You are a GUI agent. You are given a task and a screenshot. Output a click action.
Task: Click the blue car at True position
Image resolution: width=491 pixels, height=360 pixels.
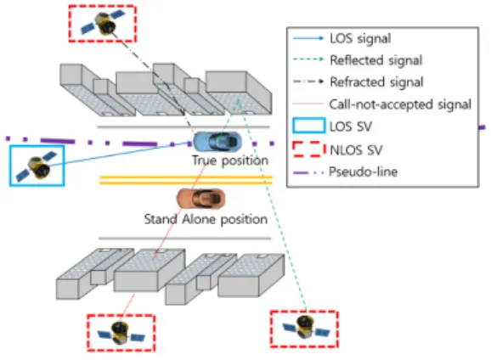coord(217,142)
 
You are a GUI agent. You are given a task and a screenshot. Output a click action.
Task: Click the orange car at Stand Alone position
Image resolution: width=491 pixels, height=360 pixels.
coord(201,199)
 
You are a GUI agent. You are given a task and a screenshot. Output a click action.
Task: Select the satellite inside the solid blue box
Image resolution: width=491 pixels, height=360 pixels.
coord(37,166)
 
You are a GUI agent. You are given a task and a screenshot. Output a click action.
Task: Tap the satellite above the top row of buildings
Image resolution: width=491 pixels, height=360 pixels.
coord(103,23)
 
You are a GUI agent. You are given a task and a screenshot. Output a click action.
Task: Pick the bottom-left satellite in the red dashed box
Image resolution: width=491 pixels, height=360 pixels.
coord(121,333)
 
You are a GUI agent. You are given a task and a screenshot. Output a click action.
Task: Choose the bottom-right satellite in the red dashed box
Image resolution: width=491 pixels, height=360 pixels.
coord(305,328)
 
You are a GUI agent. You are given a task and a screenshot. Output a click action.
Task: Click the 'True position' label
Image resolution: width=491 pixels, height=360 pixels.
coord(230,160)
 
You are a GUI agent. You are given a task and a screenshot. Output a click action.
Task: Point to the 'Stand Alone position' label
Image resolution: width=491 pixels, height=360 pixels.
coord(206,219)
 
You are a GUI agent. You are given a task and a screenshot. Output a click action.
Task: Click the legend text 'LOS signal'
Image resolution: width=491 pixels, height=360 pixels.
coord(360,39)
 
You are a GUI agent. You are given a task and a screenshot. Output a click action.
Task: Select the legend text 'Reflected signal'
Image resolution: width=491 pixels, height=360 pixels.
coord(376,60)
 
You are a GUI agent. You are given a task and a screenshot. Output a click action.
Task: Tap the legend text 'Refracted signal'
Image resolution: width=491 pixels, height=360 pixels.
coord(376,82)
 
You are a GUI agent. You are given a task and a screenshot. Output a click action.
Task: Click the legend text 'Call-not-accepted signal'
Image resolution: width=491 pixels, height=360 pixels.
coord(400,104)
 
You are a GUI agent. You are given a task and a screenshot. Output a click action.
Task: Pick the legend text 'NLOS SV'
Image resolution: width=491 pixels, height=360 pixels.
coord(356,150)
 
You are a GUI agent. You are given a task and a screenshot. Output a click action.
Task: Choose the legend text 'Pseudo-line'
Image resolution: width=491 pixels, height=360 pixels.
coord(364,172)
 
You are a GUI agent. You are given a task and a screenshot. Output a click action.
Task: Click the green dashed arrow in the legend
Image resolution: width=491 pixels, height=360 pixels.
coord(308,59)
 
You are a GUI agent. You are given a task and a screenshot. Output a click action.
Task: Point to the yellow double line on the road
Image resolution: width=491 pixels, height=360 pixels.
coord(186,180)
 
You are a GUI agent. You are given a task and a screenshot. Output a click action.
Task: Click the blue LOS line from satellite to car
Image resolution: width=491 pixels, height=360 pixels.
coord(120,154)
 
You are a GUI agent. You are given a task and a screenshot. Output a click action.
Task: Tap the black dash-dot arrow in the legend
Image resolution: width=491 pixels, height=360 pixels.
coord(308,82)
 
